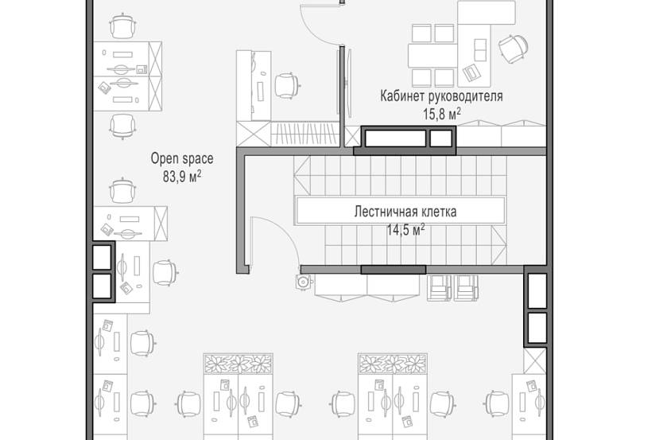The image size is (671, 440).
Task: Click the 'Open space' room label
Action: [182, 159]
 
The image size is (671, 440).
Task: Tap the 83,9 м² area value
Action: [182, 177]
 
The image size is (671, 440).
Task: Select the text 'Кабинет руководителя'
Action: [441, 96]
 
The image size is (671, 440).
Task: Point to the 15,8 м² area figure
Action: [441, 114]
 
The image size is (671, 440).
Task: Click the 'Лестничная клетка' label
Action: [405, 212]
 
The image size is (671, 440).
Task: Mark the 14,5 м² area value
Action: [405, 229]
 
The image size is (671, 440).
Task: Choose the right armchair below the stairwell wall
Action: [466, 288]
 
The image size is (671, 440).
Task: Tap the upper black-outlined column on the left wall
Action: [102, 258]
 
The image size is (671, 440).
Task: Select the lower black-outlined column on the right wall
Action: [537, 326]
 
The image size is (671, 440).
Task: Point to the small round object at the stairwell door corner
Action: [303, 282]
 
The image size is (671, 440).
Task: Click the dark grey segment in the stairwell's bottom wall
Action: [393, 270]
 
